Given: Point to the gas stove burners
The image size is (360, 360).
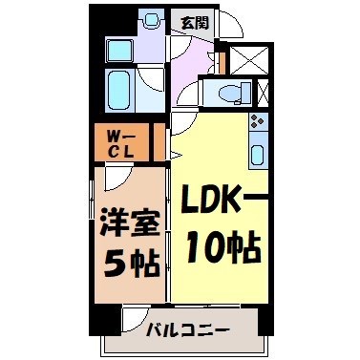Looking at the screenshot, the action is [257, 122].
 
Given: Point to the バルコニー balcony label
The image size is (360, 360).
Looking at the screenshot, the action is [186, 330].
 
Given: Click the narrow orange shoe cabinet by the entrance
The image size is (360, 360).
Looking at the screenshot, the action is [221, 62].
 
